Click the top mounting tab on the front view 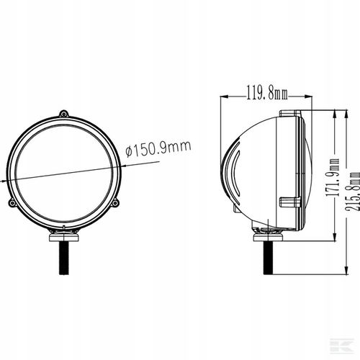[64, 113]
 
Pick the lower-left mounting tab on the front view [12, 204]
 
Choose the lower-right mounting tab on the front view [115, 204]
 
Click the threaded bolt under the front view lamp [63, 256]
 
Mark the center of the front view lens [63, 172]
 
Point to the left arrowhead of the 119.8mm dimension [223, 94]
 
